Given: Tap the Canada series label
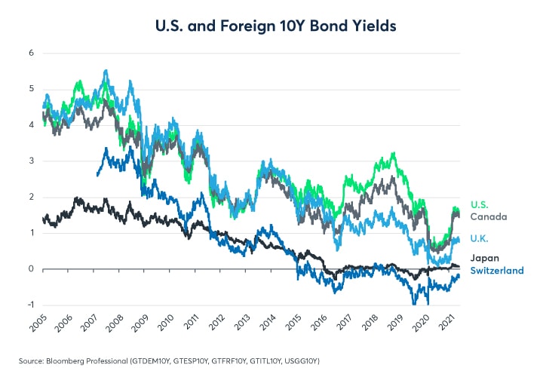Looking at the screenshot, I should tap(487, 216).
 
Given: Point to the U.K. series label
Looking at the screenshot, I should tap(479, 239).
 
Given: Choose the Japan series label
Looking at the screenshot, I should tap(483, 258).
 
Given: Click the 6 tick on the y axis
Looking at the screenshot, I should tap(31, 53).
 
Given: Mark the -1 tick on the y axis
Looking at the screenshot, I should tap(29, 305).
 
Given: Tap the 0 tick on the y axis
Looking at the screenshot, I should tap(31, 268).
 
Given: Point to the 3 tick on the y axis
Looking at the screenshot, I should tap(31, 161).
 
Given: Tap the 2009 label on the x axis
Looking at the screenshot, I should tap(139, 326).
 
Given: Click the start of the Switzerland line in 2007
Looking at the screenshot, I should tap(97, 176).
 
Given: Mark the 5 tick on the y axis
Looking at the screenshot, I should tap(31, 89).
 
